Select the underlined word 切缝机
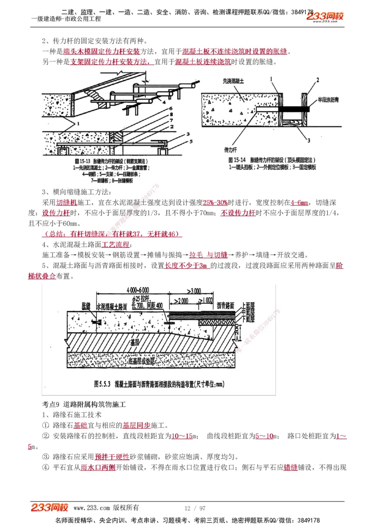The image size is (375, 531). tap(67, 203)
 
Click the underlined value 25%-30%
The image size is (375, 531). tap(215, 203)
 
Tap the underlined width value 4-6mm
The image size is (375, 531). tap(299, 203)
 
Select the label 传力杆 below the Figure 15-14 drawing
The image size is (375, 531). tap(230, 150)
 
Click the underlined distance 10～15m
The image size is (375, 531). tap(183, 436)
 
